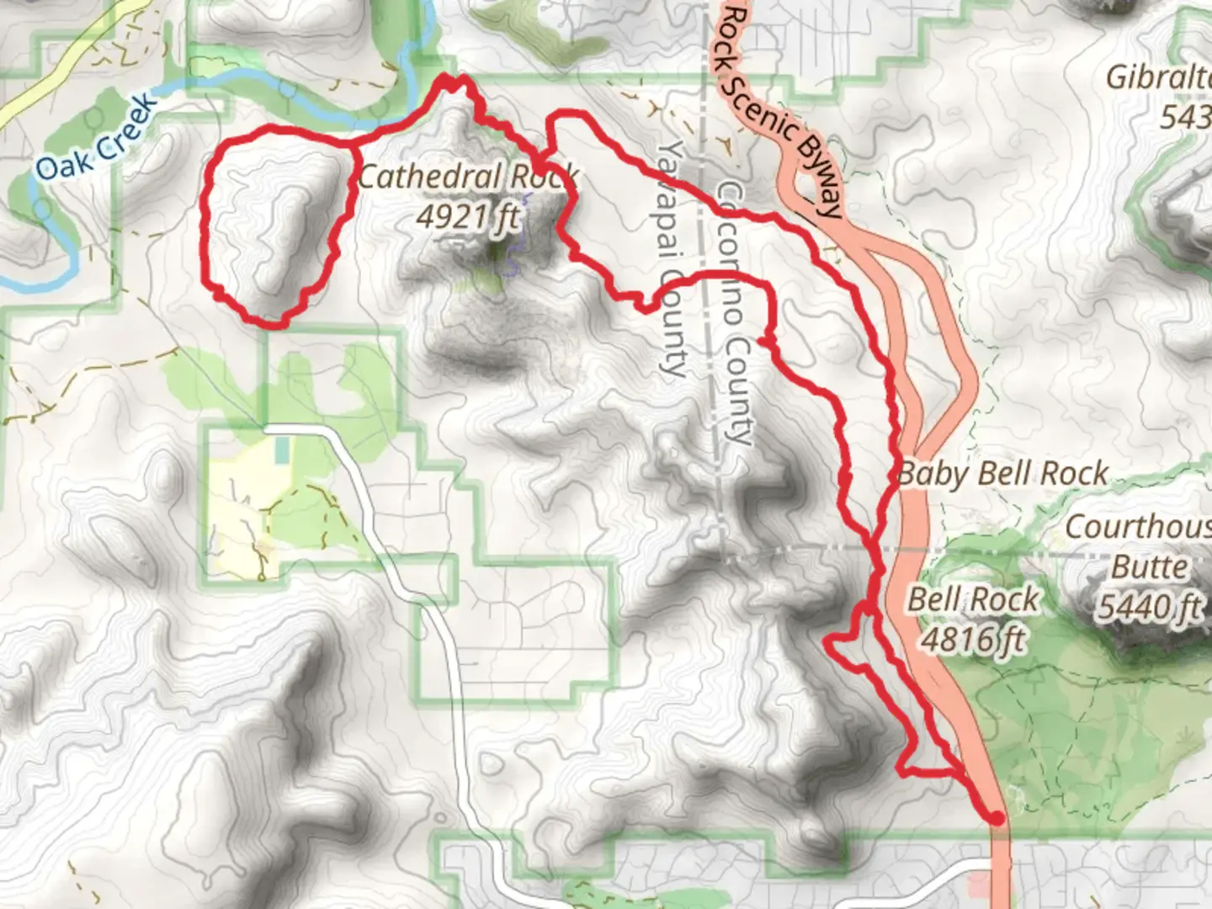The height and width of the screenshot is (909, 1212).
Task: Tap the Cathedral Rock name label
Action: tap(468, 178)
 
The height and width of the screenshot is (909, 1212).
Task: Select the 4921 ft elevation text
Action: tap(468, 216)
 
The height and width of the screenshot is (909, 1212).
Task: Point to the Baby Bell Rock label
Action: tap(1002, 474)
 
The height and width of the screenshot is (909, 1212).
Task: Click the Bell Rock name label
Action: tap(974, 600)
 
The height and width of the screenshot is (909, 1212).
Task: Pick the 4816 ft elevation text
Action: tap(974, 639)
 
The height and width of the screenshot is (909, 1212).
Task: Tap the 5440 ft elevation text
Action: tap(1150, 605)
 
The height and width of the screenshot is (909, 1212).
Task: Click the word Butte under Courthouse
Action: tap(1150, 566)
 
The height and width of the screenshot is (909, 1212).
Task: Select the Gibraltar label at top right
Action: tap(1160, 77)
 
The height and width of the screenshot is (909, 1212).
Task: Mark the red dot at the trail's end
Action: tap(997, 818)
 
